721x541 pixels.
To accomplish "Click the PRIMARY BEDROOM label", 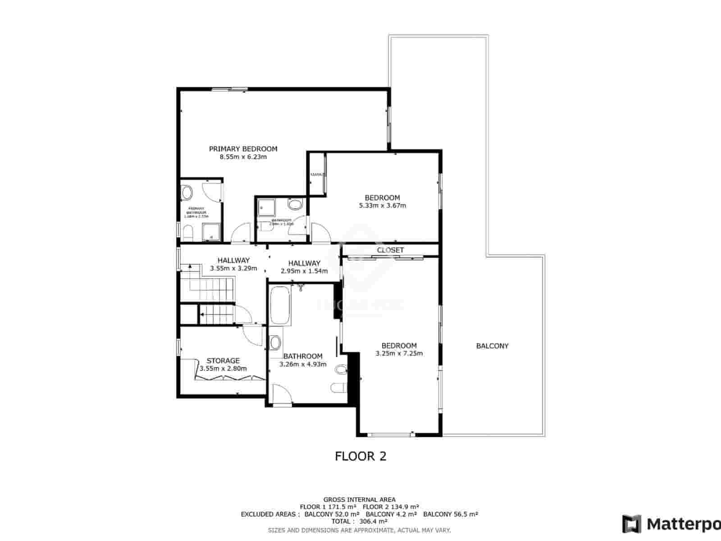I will [x=243, y=149].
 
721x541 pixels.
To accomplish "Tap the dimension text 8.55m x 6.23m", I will [x=243, y=157].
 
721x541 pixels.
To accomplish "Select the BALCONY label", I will [x=492, y=346].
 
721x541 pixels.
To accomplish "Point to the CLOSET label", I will [x=390, y=250].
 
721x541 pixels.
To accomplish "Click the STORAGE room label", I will [x=223, y=361].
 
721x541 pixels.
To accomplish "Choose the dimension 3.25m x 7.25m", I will [x=399, y=353].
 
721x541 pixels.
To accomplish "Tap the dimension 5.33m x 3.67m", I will [x=382, y=206].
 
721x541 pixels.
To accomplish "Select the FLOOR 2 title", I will [x=360, y=456].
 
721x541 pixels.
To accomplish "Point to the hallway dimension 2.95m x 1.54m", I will [x=304, y=271].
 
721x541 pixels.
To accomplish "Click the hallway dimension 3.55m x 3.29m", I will [x=233, y=268].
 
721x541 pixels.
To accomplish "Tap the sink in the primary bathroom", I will [x=187, y=193].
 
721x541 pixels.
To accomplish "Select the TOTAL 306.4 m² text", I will [x=359, y=521].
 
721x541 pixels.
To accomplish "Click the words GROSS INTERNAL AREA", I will [x=359, y=499].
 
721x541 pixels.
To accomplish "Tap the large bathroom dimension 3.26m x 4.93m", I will [x=303, y=364].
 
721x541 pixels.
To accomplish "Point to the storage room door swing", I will [x=252, y=336].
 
